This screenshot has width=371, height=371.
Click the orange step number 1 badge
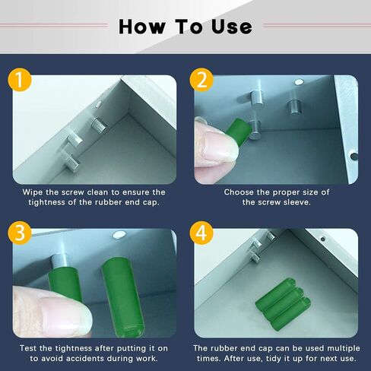pos(20,80)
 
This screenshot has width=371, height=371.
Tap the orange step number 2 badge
pos(201,80)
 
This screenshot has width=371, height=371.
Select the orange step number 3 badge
pos(20,233)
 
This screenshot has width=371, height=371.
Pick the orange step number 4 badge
pos(201,233)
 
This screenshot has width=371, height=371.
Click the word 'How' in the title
pos(142,27)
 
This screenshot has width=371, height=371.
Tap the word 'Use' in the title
pos(232,27)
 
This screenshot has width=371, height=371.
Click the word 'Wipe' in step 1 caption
pos(33,192)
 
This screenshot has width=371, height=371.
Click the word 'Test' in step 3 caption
pos(28,348)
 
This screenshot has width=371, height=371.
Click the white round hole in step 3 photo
pos(119,234)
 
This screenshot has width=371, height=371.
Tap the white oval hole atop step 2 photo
pos(299,81)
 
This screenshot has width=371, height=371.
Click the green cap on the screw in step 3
pos(65,283)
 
